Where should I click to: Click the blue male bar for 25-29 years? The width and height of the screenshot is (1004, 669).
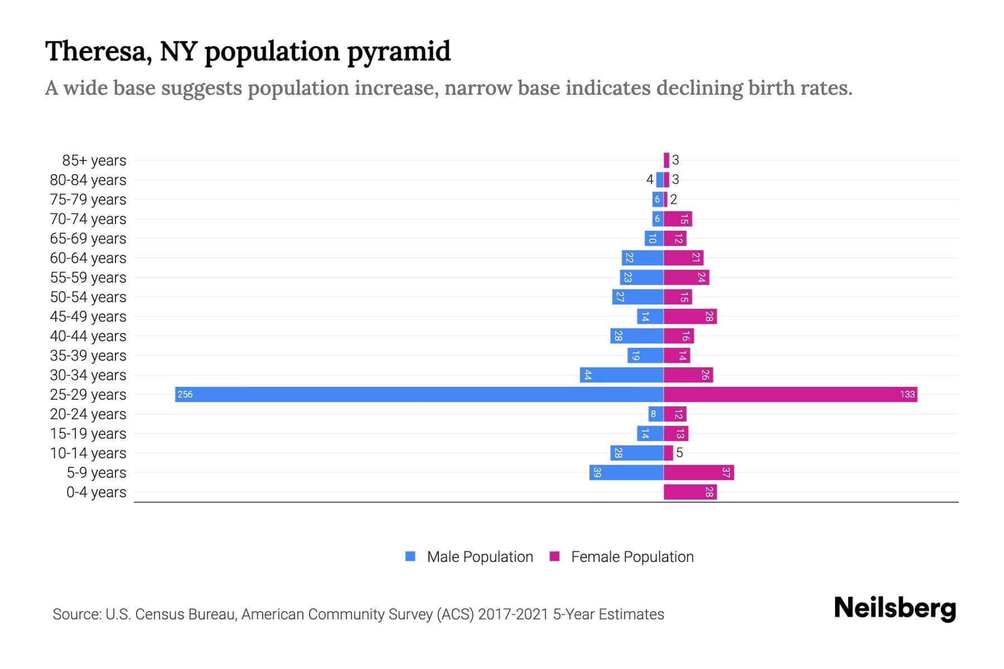tap(418, 394)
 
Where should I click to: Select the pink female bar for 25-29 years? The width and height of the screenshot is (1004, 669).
tap(790, 394)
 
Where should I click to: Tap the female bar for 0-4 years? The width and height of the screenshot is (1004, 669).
tap(690, 492)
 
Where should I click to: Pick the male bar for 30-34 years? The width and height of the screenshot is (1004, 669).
tap(621, 375)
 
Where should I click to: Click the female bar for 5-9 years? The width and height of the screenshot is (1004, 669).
tap(698, 472)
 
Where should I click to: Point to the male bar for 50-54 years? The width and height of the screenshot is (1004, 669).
tap(638, 297)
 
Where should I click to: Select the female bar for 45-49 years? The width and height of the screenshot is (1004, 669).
tap(690, 316)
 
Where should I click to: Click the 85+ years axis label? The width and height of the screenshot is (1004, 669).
tap(94, 161)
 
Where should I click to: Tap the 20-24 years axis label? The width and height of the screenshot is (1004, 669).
tap(88, 414)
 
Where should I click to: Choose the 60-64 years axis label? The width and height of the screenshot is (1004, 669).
tap(88, 258)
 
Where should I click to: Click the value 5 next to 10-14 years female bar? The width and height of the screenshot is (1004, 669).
tap(679, 453)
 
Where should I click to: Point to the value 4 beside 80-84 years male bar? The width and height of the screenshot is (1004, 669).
tap(649, 180)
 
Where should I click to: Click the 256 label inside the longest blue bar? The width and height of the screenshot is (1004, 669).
tap(185, 395)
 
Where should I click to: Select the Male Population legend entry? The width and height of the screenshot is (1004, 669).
tap(479, 556)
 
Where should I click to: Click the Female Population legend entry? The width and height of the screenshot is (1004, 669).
tap(632, 556)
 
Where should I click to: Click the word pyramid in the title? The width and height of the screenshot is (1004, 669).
tap(399, 51)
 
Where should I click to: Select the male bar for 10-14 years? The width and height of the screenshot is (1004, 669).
tap(636, 453)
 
